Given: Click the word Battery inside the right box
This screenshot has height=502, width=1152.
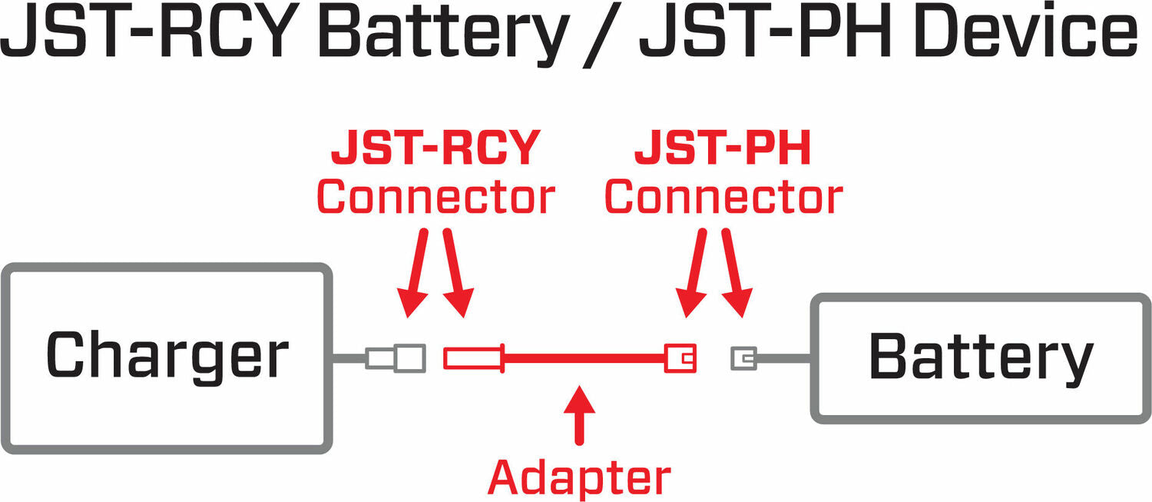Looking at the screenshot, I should click(981, 358).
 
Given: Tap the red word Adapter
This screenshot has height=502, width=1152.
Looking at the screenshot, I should click(579, 477).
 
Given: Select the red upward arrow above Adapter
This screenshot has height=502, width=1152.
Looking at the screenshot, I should click(579, 416).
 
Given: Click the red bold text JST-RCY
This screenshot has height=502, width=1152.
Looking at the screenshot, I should click(435, 149).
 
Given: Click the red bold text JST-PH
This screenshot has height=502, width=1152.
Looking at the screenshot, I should click(723, 149).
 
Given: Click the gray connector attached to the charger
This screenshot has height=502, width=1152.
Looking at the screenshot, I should click(397, 357).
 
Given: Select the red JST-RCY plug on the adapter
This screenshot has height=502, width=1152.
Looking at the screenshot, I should click(473, 358).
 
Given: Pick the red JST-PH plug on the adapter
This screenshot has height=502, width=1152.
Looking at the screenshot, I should click(680, 358).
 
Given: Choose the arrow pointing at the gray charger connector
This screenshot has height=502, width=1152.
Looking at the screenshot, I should click(416, 273).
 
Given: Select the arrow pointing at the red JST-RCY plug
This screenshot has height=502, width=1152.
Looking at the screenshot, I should click(456, 273).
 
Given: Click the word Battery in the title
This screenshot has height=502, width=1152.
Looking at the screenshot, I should click(430, 35).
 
